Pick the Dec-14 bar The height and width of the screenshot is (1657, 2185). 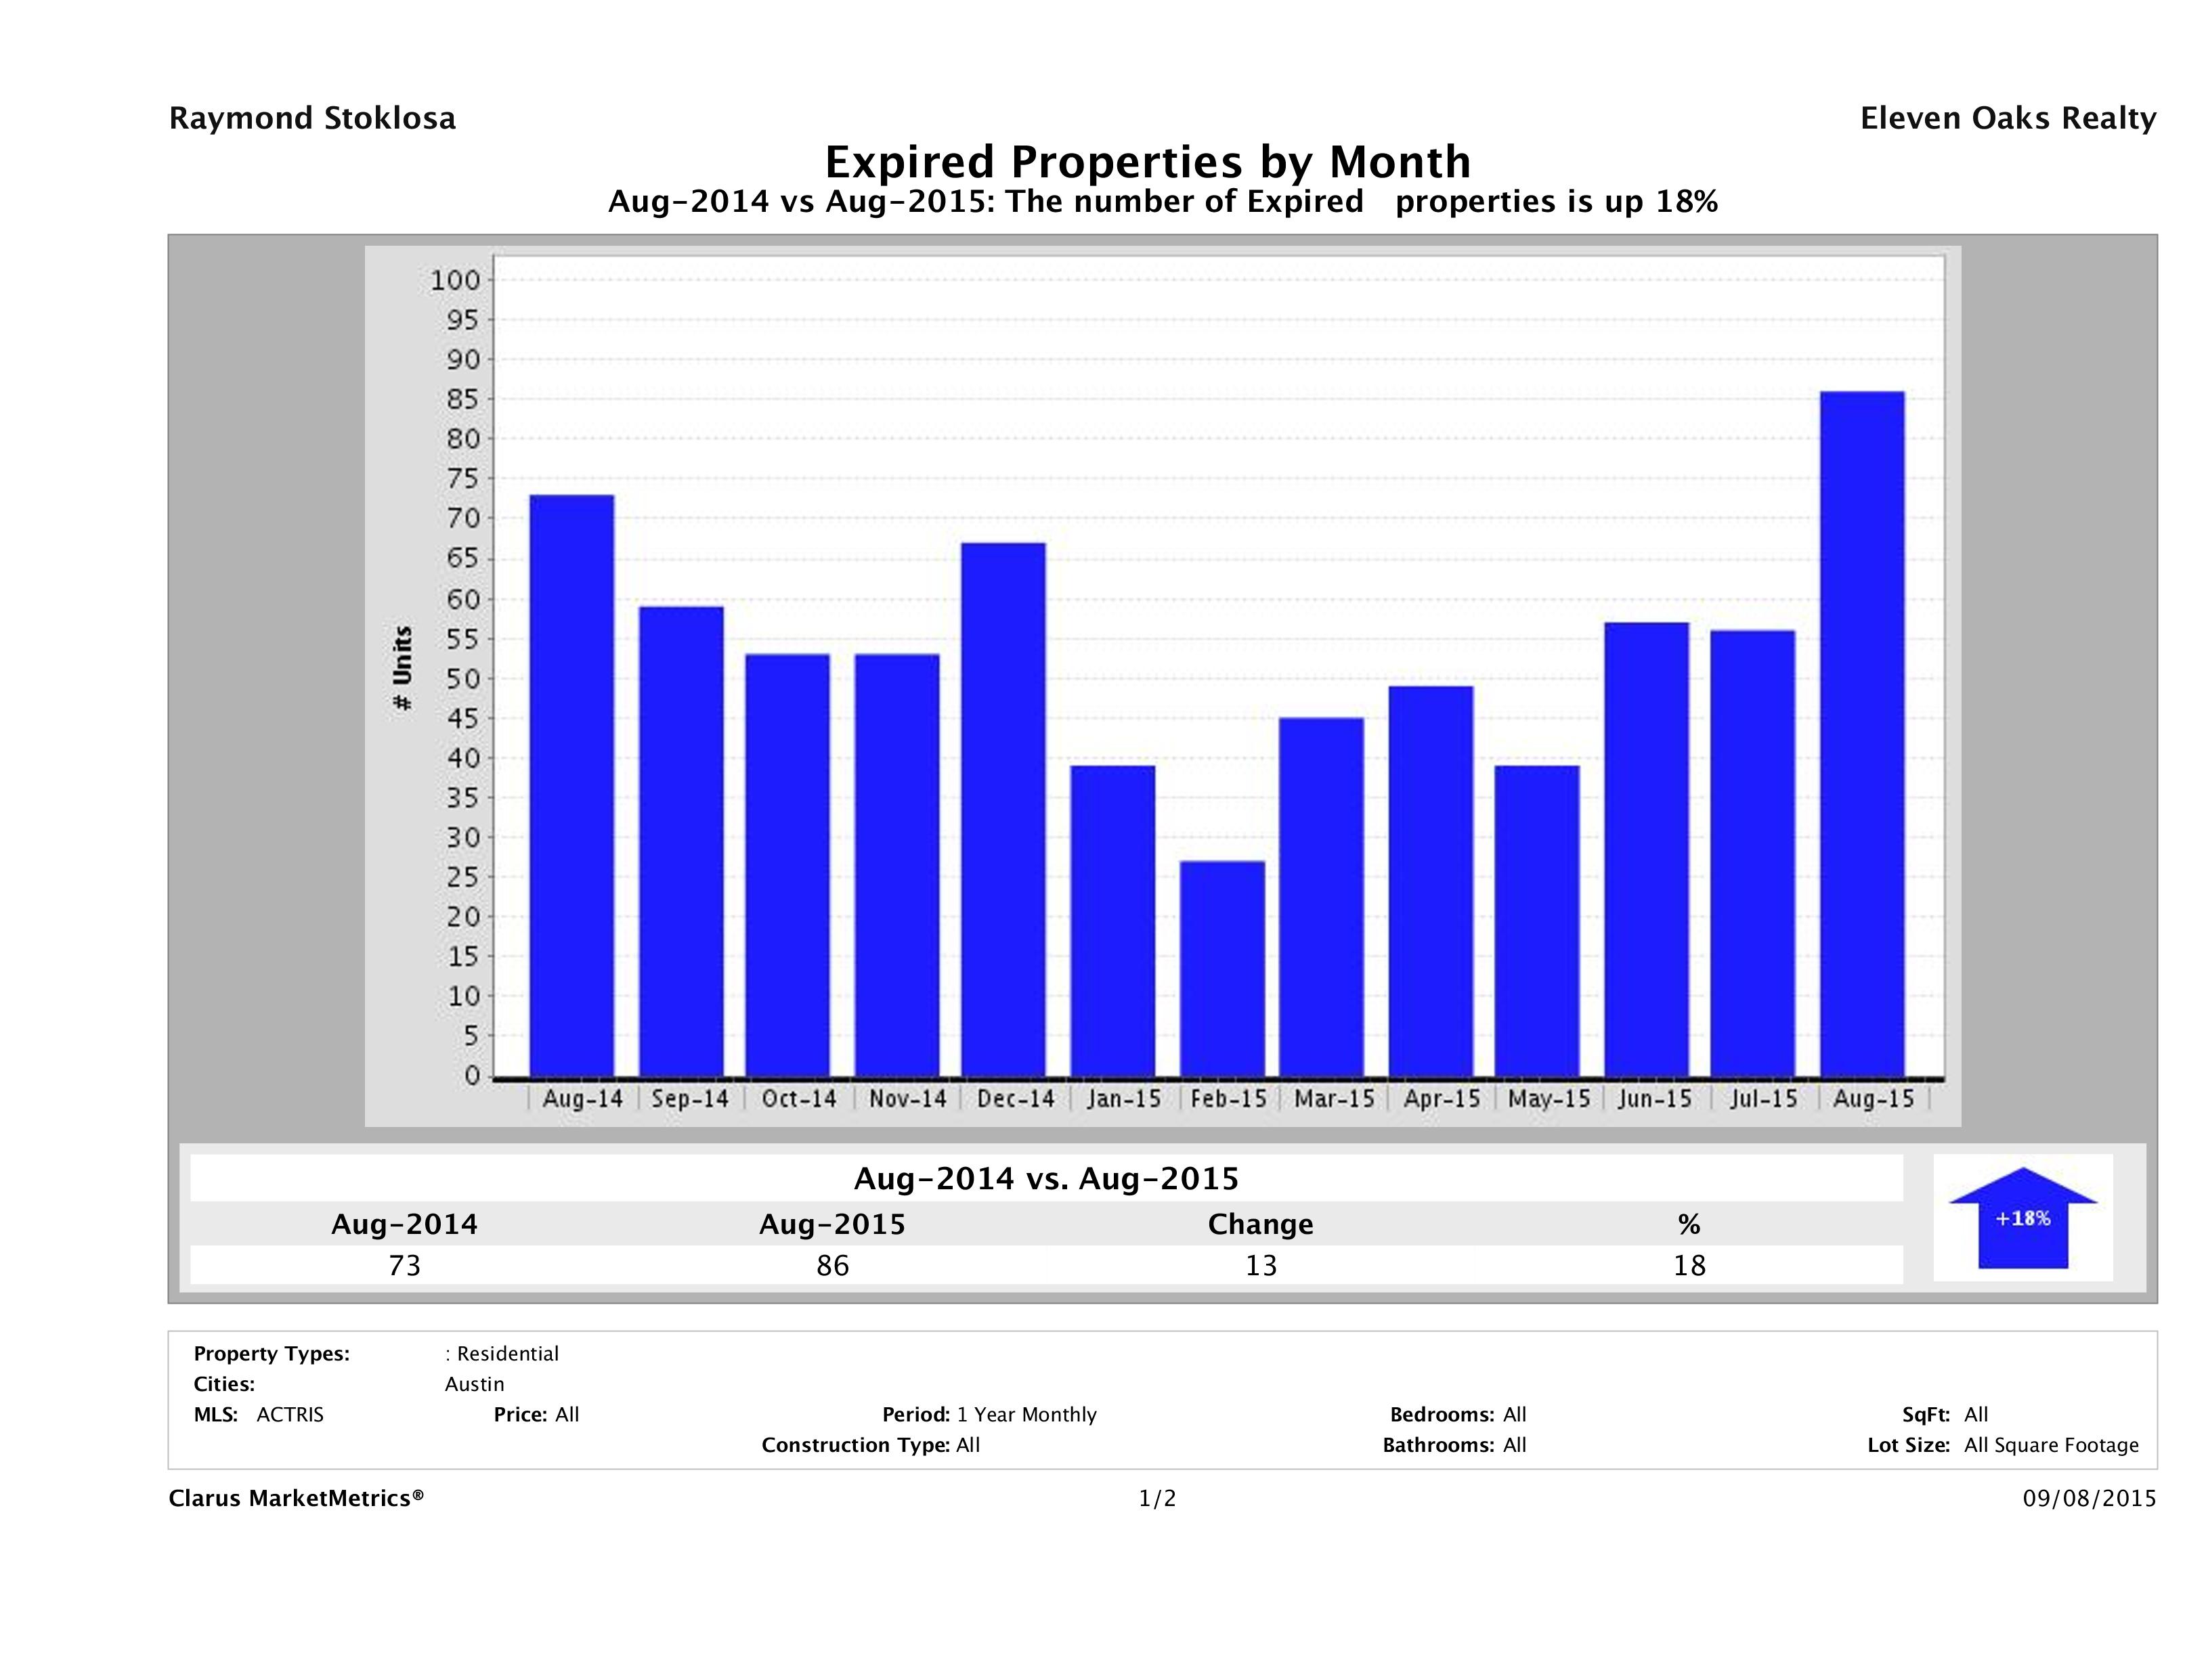click(x=1003, y=809)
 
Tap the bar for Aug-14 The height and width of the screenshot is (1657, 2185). click(x=572, y=785)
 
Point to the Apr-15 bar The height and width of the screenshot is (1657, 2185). click(x=1430, y=881)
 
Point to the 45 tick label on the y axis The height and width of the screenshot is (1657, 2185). click(x=462, y=718)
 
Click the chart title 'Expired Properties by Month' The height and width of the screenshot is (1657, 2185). click(x=1148, y=161)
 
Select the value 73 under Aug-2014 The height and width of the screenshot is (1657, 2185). click(x=405, y=1265)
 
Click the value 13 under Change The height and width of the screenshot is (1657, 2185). click(x=1261, y=1265)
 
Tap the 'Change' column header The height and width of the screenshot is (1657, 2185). click(x=1261, y=1224)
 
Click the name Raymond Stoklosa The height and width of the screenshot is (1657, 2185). click(x=312, y=118)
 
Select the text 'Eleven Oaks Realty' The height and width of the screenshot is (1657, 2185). click(x=2007, y=118)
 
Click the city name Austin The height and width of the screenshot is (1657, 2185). click(x=474, y=1384)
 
